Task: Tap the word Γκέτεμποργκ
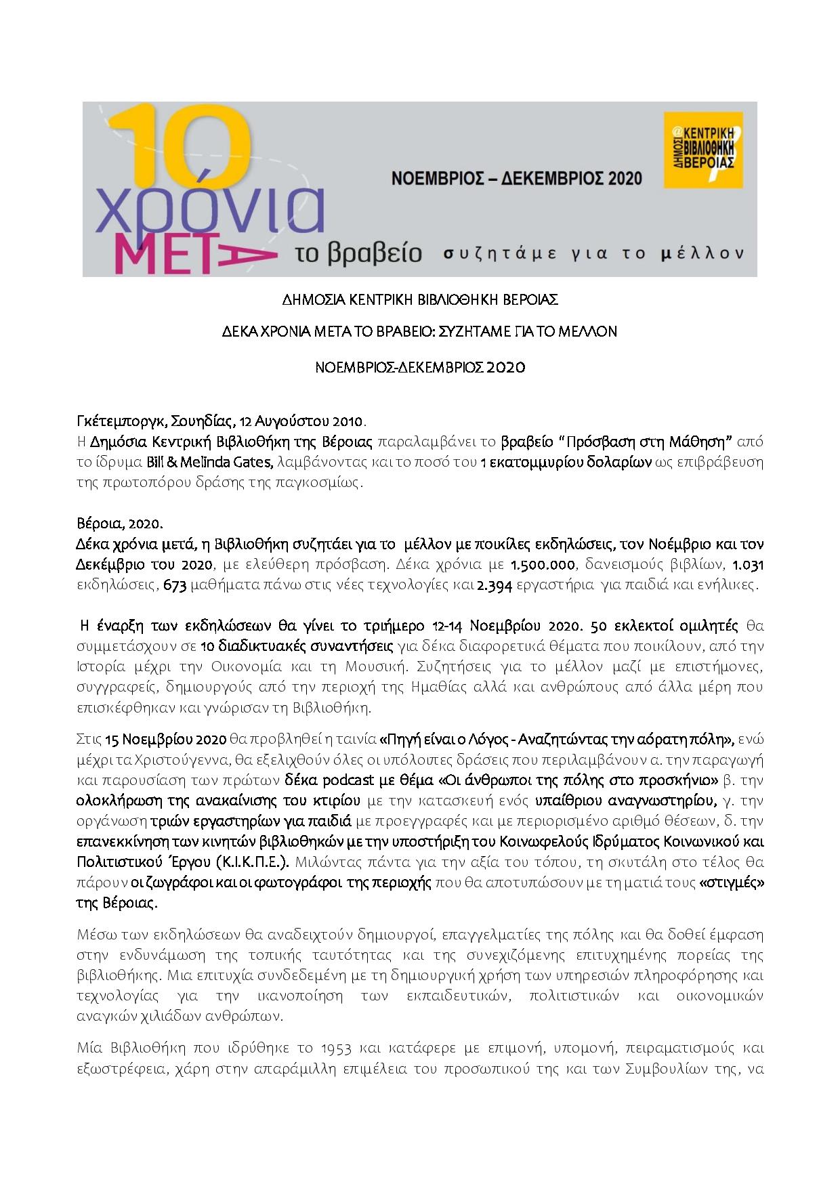click(x=113, y=421)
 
